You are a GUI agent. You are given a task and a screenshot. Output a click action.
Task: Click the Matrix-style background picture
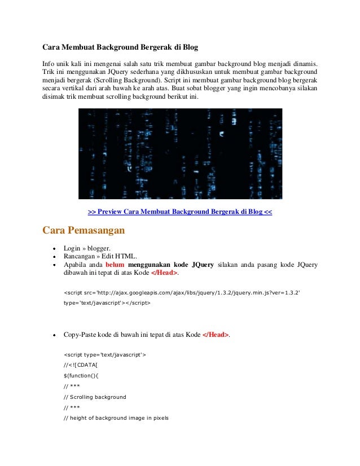point(180,153)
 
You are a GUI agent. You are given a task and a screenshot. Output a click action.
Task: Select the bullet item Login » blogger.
point(87,248)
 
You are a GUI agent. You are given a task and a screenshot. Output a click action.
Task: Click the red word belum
point(115,265)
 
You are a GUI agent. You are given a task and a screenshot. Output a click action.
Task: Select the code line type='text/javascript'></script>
point(107,303)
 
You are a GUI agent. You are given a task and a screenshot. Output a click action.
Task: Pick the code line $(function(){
point(81,376)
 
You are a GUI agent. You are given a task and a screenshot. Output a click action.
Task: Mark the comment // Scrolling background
point(95,397)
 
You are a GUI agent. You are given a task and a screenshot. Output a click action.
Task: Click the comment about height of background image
point(116,418)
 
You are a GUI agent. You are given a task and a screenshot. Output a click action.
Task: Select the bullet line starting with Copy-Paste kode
point(147,335)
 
